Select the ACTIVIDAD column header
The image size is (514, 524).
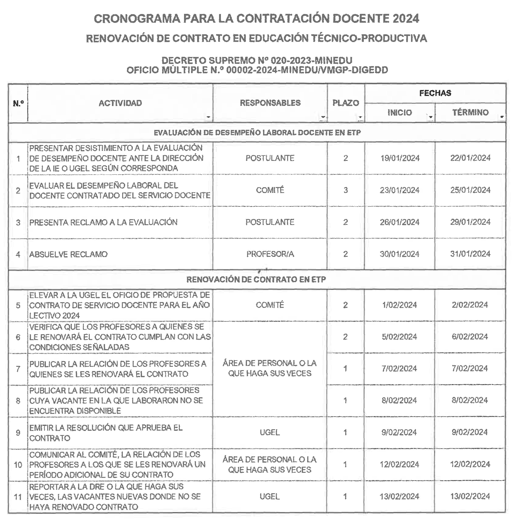click(120, 103)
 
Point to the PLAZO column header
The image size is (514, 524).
click(346, 103)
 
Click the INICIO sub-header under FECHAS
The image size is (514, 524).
click(400, 113)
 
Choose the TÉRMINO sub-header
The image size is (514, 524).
click(470, 112)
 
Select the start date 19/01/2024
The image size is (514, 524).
click(400, 158)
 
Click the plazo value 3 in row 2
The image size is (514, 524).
click(346, 190)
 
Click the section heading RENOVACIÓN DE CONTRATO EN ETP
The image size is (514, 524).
click(256, 279)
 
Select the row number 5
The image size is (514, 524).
click(18, 305)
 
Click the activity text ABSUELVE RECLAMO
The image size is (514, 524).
click(68, 254)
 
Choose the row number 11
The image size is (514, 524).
click(18, 497)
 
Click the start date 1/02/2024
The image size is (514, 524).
click(400, 305)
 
